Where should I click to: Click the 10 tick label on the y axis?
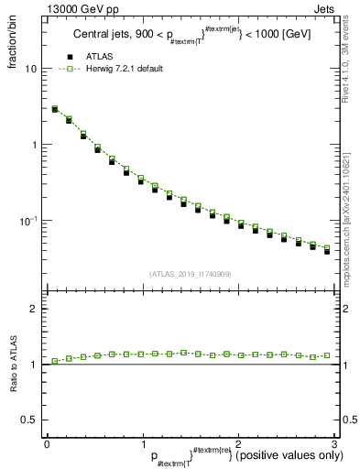pyautogui.click(x=30, y=69)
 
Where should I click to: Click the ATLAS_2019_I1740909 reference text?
pyautogui.click(x=191, y=273)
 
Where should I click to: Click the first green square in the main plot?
pyautogui.click(x=55, y=108)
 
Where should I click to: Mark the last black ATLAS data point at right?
pyautogui.click(x=326, y=250)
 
